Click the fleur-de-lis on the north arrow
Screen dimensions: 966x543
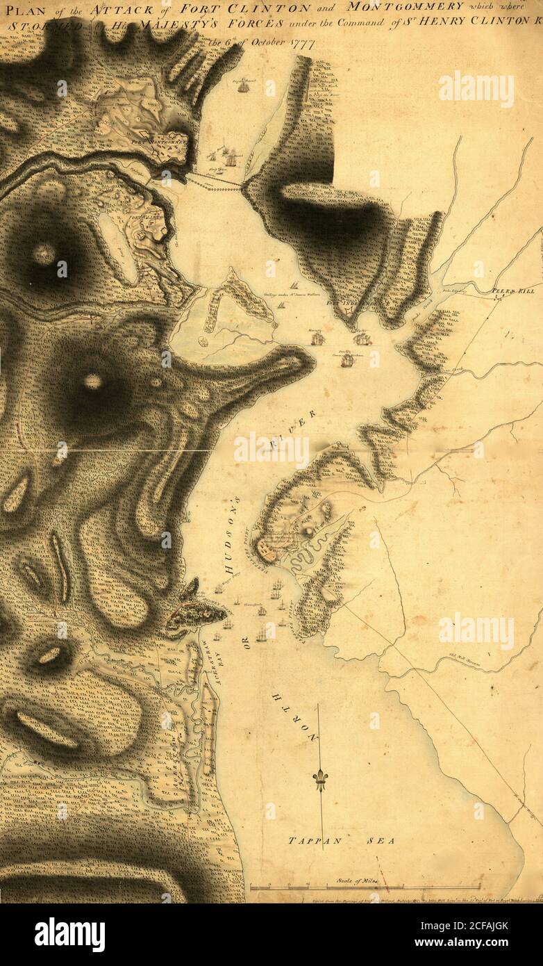[x=320, y=778]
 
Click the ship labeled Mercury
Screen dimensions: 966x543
[x=317, y=339]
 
